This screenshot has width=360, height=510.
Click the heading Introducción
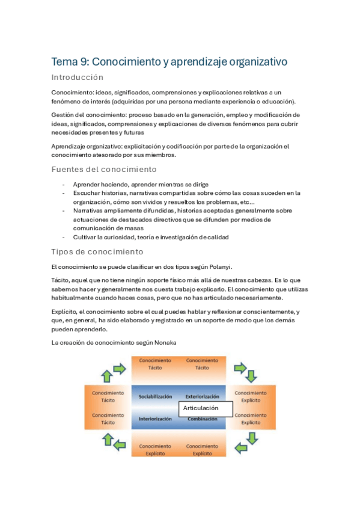click(78, 78)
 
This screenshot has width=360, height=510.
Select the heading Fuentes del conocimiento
click(104, 169)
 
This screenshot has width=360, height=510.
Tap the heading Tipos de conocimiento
click(97, 251)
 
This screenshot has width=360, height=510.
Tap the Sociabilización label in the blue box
click(155, 397)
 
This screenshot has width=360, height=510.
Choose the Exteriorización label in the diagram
click(202, 397)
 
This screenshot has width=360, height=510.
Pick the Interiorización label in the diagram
click(155, 419)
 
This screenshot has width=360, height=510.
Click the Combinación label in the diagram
click(202, 419)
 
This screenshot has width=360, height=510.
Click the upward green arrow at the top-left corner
click(106, 376)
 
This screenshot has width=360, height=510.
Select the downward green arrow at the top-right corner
click(251, 376)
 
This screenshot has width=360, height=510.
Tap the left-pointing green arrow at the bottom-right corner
click(240, 447)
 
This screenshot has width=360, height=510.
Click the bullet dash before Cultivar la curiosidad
click(64, 237)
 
